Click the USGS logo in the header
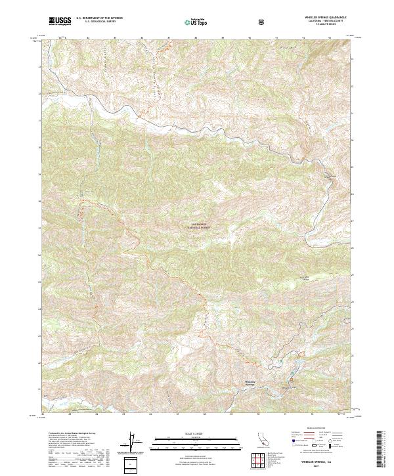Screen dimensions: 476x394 pos(60,21)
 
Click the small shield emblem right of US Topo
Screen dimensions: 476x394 pos(262,22)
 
